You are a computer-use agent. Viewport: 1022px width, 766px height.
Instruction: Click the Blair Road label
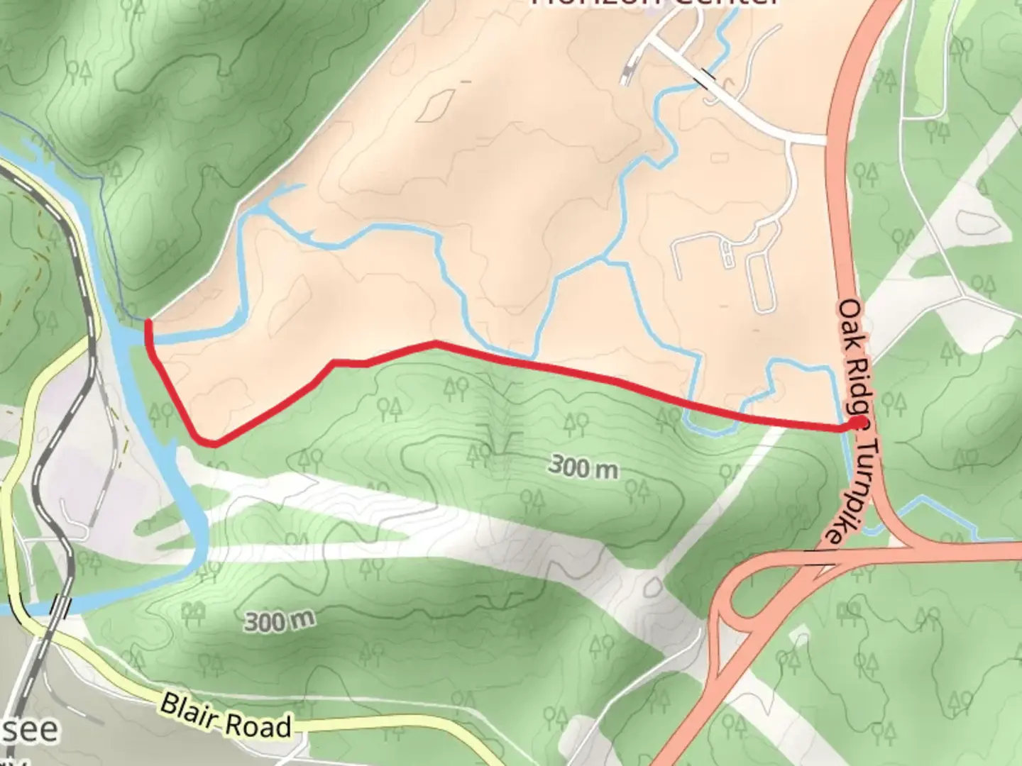coord(226,716)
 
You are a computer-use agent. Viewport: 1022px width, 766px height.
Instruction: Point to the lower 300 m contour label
coord(279,621)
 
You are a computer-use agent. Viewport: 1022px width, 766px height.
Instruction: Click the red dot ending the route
coord(859,424)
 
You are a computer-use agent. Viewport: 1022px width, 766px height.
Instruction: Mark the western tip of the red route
coord(148,323)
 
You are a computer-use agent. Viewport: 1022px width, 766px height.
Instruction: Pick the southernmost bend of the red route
coord(213,443)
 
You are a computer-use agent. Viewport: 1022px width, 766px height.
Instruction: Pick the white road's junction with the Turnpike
coord(826,140)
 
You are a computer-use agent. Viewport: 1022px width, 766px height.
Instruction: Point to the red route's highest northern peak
coord(435,343)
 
